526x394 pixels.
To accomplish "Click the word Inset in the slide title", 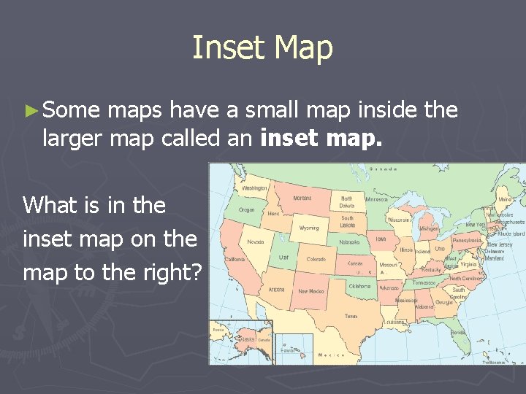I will pyautogui.click(x=225, y=47).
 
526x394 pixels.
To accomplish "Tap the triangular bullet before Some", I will pyautogui.click(x=30, y=112).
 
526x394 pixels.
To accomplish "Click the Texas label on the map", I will pyautogui.click(x=351, y=316).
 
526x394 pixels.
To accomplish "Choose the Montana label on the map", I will pyautogui.click(x=302, y=198).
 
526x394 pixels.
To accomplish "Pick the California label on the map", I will pyautogui.click(x=235, y=259).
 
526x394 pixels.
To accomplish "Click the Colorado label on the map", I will pyautogui.click(x=316, y=259).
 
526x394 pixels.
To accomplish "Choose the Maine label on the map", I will pyautogui.click(x=503, y=198).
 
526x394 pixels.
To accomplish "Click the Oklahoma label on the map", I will pyautogui.click(x=359, y=286).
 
